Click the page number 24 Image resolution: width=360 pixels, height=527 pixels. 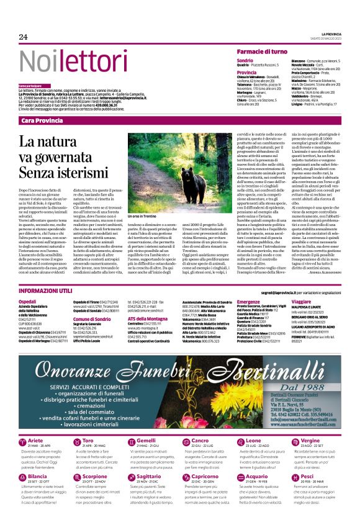point(23,37)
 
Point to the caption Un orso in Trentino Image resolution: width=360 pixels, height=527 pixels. point(160,215)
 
